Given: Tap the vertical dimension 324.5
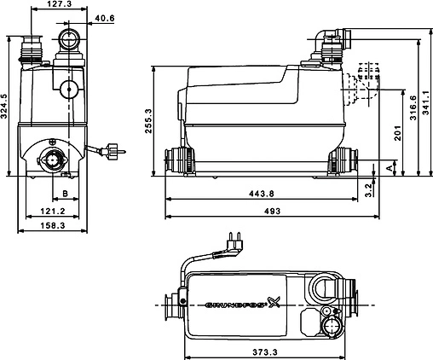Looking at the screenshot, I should click(6, 106).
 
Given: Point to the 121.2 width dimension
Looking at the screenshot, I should click(53, 212).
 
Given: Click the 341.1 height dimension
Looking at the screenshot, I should click(425, 108).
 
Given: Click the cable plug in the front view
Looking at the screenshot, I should click(111, 154).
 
